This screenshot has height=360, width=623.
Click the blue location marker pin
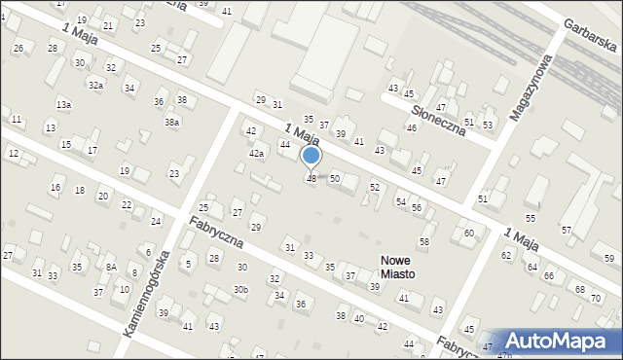pyautogui.click(x=311, y=156)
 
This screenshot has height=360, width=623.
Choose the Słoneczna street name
pyautogui.click(x=436, y=114)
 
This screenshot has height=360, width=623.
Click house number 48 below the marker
pyautogui.click(x=311, y=179)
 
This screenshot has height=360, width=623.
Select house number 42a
pyautogui.click(x=256, y=154)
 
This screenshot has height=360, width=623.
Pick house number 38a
pyautogui.click(x=171, y=123)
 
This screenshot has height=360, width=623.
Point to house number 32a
pyautogui.click(x=95, y=86)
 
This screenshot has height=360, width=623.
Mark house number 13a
pyautogui.click(x=63, y=104)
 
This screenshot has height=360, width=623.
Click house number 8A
pyautogui.click(x=111, y=267)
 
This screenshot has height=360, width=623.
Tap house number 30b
pyautogui.click(x=240, y=290)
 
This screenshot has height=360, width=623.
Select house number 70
pyautogui.click(x=596, y=298)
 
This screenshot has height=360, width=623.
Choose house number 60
pyautogui.click(x=469, y=234)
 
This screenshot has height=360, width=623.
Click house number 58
pyautogui.click(x=424, y=241)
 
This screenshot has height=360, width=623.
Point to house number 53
pyautogui.click(x=488, y=126)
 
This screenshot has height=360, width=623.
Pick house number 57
pyautogui.click(x=566, y=230)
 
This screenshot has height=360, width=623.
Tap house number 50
pyautogui.click(x=334, y=179)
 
